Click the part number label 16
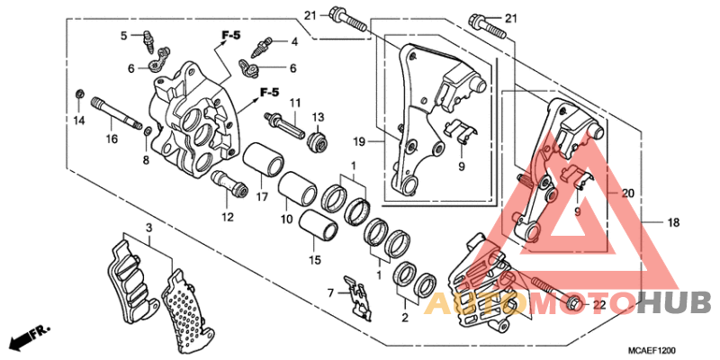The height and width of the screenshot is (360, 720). click(112, 139)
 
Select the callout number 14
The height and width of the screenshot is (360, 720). click(78, 121)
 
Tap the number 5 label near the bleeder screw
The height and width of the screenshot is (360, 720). click(126, 36)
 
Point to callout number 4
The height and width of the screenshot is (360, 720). click(293, 42)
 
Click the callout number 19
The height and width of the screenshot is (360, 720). click(359, 142)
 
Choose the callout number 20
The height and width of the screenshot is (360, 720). click(628, 193)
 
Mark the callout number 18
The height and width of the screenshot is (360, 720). click(672, 221)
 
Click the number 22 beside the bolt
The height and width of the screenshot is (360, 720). click(598, 304)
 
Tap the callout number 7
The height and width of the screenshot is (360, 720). click(330, 292)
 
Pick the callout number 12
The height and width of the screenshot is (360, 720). click(228, 217)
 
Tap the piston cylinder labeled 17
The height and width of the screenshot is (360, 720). click(265, 162)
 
